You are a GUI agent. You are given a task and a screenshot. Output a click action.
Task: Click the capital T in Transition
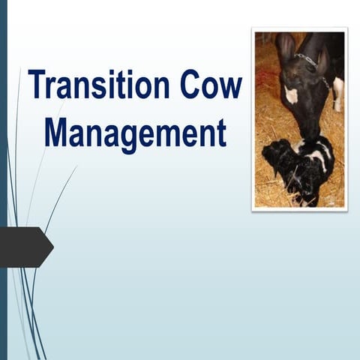coord(36,84)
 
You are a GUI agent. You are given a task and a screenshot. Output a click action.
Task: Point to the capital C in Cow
coord(190,84)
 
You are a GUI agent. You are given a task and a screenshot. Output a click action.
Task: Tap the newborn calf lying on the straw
coord(300,169)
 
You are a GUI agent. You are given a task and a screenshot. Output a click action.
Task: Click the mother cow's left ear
coord(285,49)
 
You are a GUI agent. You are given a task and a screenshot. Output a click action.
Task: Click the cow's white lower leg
coord(338,94)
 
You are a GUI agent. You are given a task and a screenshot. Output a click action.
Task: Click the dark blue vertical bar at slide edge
coord(3,180)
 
